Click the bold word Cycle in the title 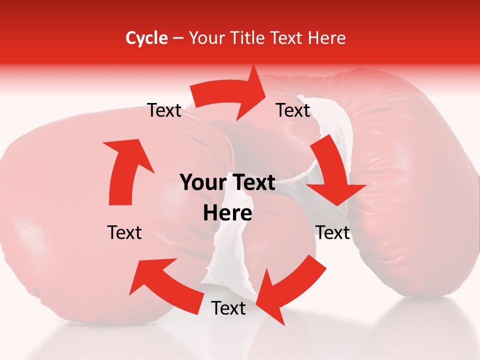coord(146,38)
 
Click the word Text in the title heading coord(287,38)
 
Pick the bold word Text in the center coord(252,182)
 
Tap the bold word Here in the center coord(227,213)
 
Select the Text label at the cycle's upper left coord(164,110)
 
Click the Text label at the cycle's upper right coord(293,110)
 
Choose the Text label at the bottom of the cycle coord(228,308)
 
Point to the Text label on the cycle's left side coord(124,232)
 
